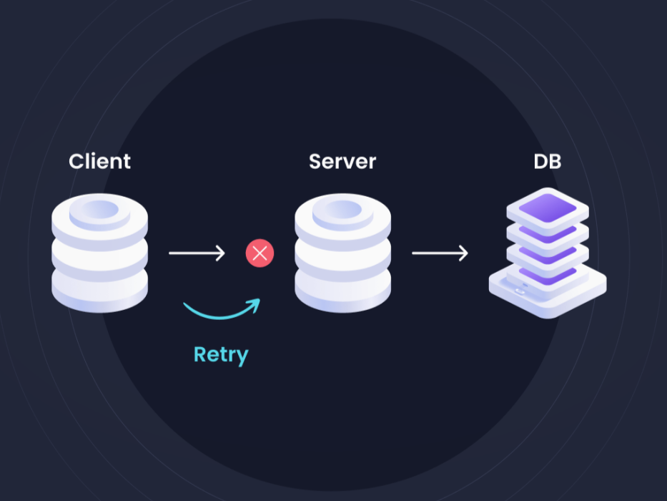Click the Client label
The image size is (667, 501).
(x=99, y=161)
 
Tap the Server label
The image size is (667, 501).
(x=342, y=161)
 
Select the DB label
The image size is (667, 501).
(x=547, y=161)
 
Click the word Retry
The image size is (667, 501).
(x=221, y=355)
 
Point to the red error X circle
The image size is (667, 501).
(x=260, y=253)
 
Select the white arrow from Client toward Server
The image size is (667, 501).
(x=197, y=253)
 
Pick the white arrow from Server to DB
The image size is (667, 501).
(x=440, y=253)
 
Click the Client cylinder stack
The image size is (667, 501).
(x=99, y=254)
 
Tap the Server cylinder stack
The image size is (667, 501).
(x=342, y=254)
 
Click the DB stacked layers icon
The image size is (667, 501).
(x=547, y=254)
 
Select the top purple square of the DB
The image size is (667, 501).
(x=547, y=208)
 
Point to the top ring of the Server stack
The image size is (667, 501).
(x=342, y=210)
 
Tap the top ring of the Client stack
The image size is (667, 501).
(x=99, y=210)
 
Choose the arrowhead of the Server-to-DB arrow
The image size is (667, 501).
(x=464, y=253)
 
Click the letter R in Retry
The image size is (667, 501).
(x=201, y=354)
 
